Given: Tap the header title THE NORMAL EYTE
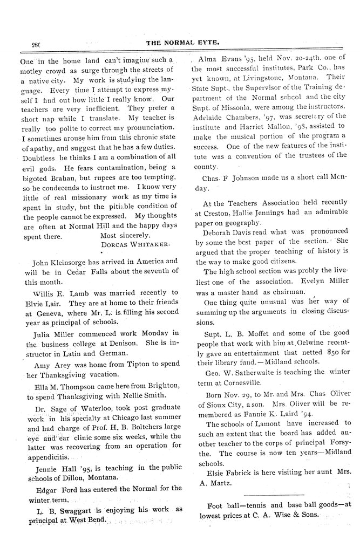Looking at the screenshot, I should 180,44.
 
